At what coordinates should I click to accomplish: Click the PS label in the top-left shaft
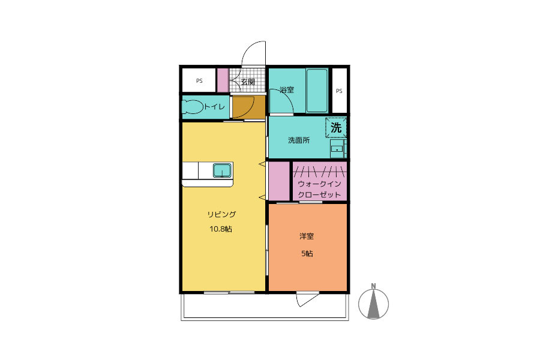(x=199, y=81)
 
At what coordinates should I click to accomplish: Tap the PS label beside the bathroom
(x=339, y=91)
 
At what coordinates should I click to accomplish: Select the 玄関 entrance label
(x=248, y=82)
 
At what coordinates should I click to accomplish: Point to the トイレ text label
(x=215, y=107)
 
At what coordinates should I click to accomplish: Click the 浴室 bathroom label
(x=287, y=90)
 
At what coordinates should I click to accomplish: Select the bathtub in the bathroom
(x=317, y=90)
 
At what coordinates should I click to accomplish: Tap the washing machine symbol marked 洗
(x=336, y=128)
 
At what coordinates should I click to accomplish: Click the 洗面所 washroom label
(x=299, y=140)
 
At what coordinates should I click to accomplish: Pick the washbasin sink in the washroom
(x=337, y=149)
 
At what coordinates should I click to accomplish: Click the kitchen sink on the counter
(x=222, y=170)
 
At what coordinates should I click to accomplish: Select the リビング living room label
(x=221, y=214)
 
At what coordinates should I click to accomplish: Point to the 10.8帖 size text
(x=221, y=229)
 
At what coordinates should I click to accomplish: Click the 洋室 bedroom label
(x=306, y=236)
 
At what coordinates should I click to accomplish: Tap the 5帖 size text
(x=307, y=254)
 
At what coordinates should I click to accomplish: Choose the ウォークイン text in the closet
(x=319, y=184)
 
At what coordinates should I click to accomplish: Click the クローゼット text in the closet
(x=319, y=194)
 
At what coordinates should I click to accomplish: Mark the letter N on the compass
(x=373, y=286)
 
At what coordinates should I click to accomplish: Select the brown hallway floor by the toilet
(x=248, y=107)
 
